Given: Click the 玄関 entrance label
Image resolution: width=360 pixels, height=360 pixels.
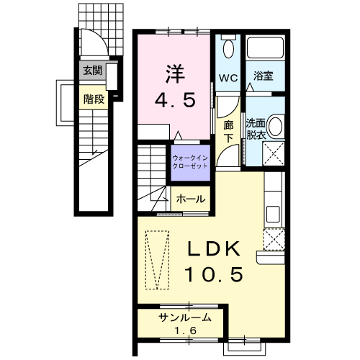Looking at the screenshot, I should (91, 71).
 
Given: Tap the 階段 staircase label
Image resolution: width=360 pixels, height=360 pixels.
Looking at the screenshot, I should (94, 99).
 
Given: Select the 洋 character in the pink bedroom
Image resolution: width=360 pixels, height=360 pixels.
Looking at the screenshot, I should (175, 73).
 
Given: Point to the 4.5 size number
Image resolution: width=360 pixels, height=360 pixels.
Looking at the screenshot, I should (176, 100).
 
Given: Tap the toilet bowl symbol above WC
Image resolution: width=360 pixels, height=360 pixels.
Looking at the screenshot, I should (228, 48).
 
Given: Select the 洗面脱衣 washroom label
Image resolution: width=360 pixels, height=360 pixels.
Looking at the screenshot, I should (256, 127).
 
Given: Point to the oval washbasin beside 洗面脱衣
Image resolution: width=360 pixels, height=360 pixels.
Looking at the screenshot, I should (279, 128).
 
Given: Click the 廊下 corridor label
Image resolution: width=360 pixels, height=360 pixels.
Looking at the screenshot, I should (228, 130).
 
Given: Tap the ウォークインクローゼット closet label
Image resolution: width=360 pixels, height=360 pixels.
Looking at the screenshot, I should (189, 161).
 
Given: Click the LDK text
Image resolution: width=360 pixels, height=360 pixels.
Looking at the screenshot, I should (212, 250).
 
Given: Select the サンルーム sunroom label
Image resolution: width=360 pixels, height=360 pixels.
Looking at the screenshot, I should (185, 318).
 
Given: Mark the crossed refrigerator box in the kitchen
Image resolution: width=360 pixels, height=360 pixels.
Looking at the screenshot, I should (274, 238).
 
